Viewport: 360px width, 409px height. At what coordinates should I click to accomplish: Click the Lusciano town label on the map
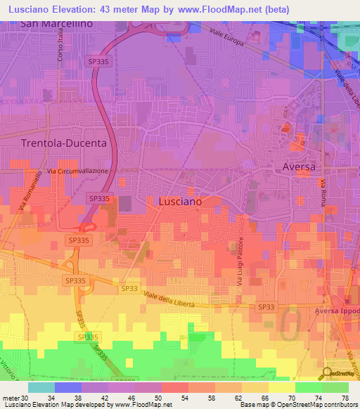tap(170, 201)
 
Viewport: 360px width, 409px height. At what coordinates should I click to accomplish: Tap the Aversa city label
tap(299, 167)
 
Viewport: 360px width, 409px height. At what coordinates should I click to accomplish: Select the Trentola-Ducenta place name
tap(64, 143)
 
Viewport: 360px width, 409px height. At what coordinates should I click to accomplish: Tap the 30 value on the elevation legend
tap(26, 398)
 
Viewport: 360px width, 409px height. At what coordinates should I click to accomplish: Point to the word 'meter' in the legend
tap(11, 398)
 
